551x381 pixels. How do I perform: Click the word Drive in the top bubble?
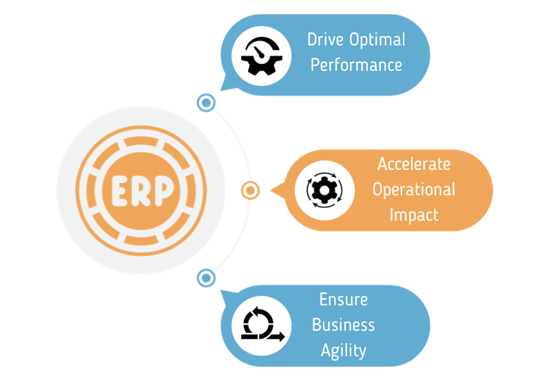coord(326,39)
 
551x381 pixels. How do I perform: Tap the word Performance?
coord(356,65)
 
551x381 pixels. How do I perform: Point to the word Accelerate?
coord(413,164)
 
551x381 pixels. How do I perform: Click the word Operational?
coord(413,189)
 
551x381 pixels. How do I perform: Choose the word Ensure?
coord(343,299)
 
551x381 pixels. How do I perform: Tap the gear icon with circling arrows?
coord(322,190)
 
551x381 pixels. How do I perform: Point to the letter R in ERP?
coord(141,190)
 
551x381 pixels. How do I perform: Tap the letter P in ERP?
coord(164,190)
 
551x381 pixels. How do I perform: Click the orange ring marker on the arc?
coord(250,190)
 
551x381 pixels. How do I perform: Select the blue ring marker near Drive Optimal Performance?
coord(206,103)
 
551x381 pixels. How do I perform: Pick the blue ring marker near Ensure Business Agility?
coord(206,278)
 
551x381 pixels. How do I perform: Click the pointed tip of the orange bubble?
coord(271,190)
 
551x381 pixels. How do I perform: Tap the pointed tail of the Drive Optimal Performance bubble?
coord(220,89)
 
